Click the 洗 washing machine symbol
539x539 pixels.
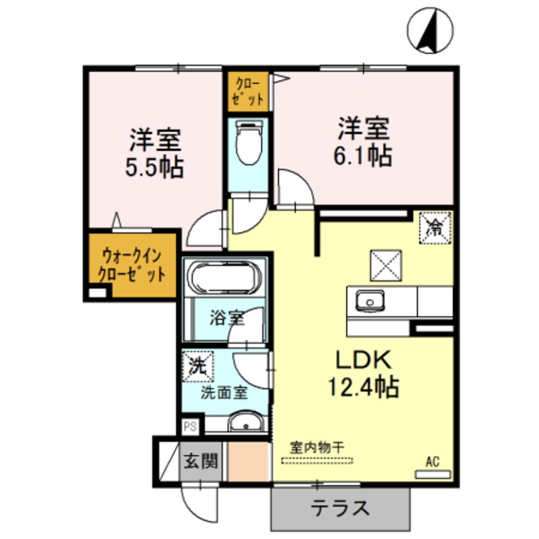pyautogui.click(x=196, y=366)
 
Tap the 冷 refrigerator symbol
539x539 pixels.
pyautogui.click(x=435, y=226)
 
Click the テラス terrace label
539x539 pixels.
pyautogui.click(x=341, y=508)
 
